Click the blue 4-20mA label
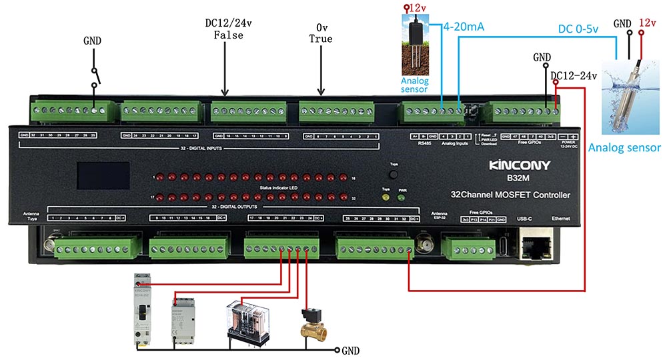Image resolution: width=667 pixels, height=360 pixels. (464, 27)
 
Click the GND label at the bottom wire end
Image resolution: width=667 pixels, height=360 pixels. (350, 349)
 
